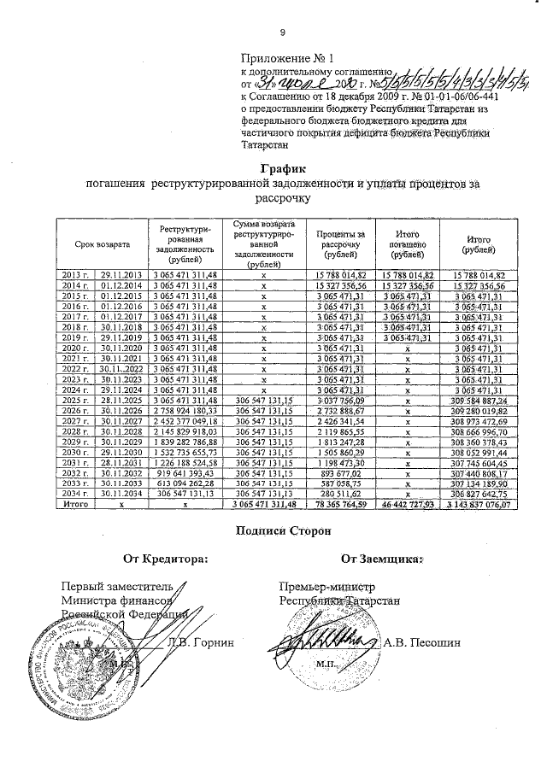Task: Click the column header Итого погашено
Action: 407,244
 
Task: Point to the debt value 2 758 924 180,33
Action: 185,411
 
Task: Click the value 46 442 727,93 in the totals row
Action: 407,505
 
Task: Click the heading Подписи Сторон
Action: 281,531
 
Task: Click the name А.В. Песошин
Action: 422,642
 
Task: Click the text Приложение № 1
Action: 282,58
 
